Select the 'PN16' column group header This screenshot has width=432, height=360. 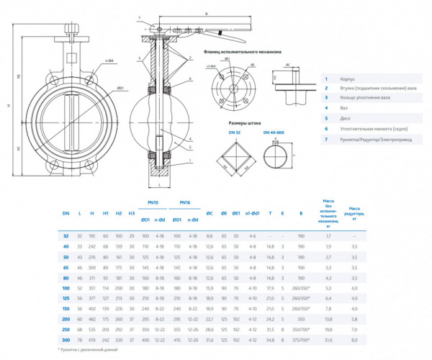[x=185, y=203]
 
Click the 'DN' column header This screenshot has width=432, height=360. [x=66, y=214]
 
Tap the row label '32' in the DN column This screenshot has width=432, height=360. [x=66, y=235]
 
